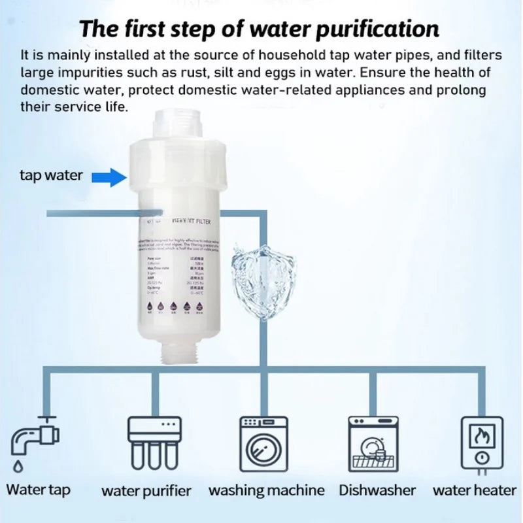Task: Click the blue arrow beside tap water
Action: pyautogui.click(x=109, y=176)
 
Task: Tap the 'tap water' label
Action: pyautogui.click(x=51, y=175)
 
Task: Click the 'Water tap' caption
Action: pyautogui.click(x=38, y=490)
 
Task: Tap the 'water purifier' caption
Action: pyautogui.click(x=146, y=491)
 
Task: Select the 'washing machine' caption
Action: pyautogui.click(x=266, y=490)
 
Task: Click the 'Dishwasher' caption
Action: pyautogui.click(x=377, y=490)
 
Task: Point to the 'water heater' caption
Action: pyautogui.click(x=475, y=490)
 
